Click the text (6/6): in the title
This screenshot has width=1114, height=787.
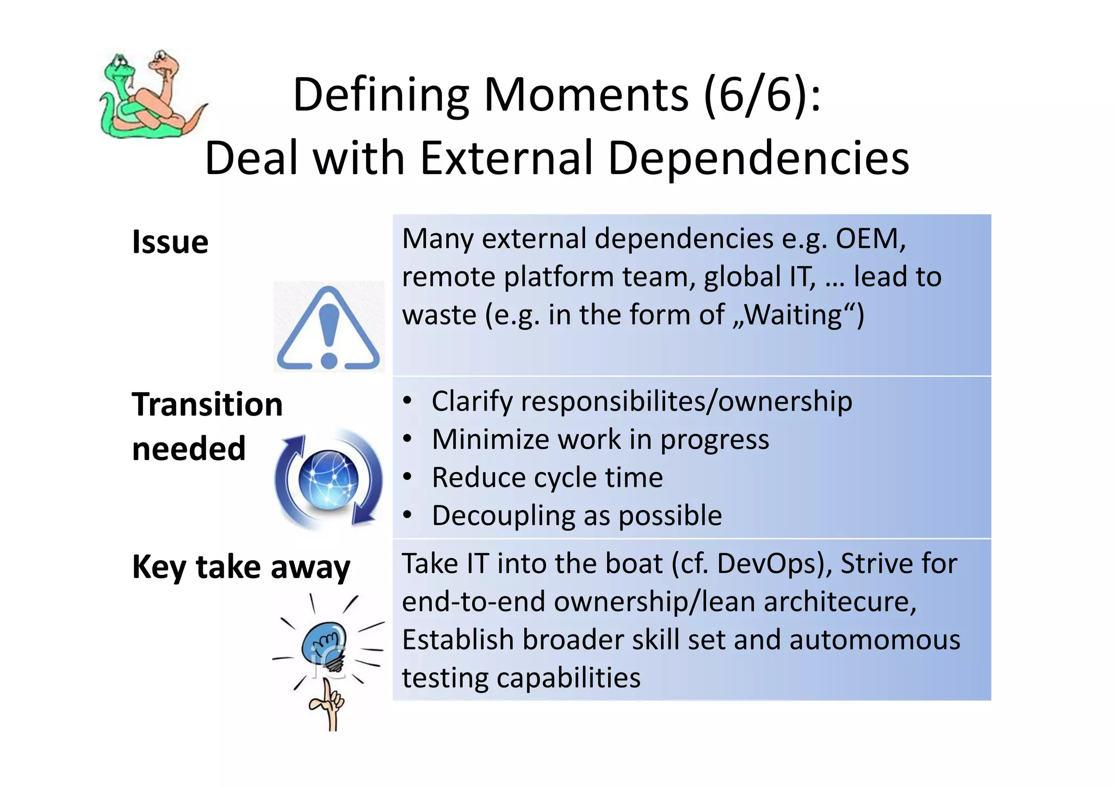(x=762, y=95)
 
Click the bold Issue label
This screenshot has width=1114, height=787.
(x=170, y=242)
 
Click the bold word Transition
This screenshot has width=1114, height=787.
(x=207, y=405)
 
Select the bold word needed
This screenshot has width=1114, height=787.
(x=189, y=449)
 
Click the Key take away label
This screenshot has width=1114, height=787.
(x=241, y=567)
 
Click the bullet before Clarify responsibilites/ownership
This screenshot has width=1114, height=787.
(x=407, y=401)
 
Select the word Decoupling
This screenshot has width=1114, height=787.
(x=503, y=516)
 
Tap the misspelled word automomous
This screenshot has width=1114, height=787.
(x=875, y=640)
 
